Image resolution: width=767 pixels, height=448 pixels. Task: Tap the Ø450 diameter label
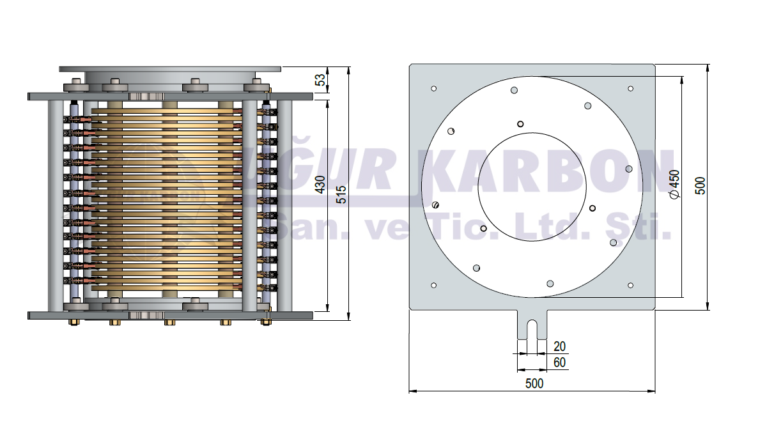tap(674, 185)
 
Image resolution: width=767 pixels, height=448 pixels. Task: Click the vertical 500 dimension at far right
tap(701, 185)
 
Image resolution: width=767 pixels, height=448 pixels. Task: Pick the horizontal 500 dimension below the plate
tap(534, 383)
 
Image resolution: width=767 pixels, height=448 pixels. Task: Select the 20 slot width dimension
tap(559, 346)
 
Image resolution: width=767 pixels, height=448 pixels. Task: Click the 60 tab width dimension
tap(559, 362)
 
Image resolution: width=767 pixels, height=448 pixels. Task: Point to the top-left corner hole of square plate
tap(434, 88)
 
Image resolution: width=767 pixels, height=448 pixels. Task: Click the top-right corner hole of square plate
tap(630, 88)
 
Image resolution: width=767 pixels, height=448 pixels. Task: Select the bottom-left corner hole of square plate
tap(434, 285)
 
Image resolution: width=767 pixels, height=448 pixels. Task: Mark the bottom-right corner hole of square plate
tap(630, 285)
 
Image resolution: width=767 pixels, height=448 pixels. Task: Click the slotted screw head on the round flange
tap(437, 205)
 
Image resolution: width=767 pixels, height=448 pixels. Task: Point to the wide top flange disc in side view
tap(170, 68)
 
